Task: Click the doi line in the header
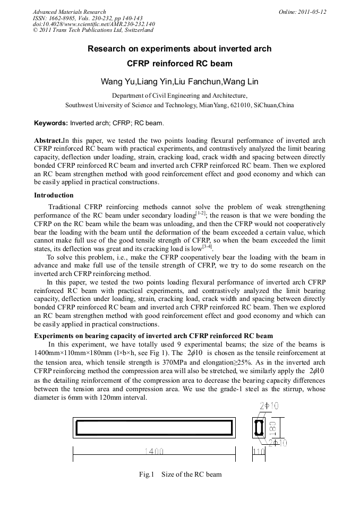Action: point(94,24)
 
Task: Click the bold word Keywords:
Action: point(51,123)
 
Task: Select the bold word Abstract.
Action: point(48,141)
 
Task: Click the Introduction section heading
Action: point(54,195)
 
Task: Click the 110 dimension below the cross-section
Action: point(259,452)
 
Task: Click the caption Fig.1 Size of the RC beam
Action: point(180,474)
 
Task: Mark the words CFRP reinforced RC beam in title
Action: point(179,64)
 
